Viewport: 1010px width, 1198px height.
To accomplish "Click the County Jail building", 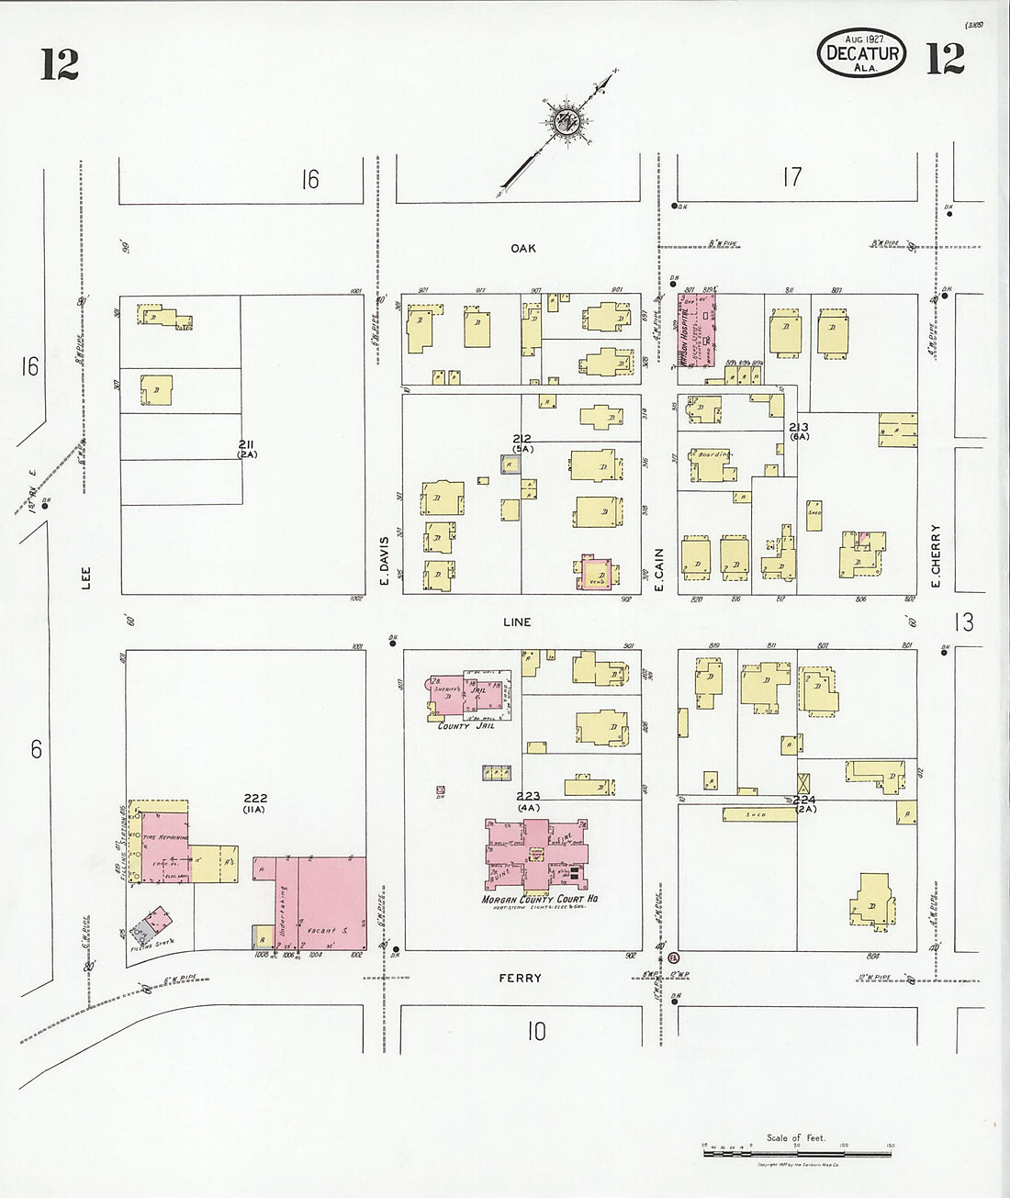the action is click(466, 700).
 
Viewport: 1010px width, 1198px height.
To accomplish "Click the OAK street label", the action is click(524, 248).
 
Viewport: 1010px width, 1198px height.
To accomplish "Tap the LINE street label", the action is click(517, 621).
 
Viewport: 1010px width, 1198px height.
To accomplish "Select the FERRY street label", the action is click(521, 979).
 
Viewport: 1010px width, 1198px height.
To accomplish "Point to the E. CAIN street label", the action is click(659, 561).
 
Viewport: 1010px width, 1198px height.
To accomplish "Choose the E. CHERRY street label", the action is click(937, 554).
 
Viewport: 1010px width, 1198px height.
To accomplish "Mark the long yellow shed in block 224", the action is click(757, 814).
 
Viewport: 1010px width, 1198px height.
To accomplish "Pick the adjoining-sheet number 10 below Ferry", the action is click(536, 1032).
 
